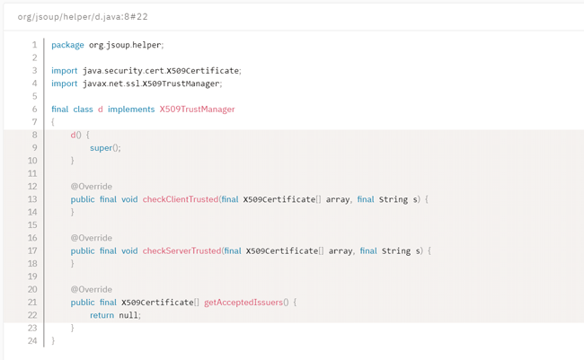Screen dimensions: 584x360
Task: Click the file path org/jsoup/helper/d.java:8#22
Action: pyautogui.click(x=83, y=17)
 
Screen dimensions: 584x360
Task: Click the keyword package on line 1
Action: pyautogui.click(x=67, y=45)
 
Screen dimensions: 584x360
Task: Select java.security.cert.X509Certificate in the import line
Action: pyautogui.click(x=161, y=71)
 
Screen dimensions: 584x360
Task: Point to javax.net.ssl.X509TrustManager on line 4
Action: pyautogui.click(x=151, y=83)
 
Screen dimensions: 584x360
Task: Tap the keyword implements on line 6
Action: pyautogui.click(x=131, y=110)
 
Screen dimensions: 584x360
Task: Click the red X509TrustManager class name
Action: pyautogui.click(x=198, y=110)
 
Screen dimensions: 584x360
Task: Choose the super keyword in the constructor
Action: pyautogui.click(x=101, y=148)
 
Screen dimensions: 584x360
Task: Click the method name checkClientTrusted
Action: pyautogui.click(x=181, y=199)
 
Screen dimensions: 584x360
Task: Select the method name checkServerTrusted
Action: pyautogui.click(x=181, y=250)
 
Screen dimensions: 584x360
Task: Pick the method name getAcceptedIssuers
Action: pyautogui.click(x=243, y=303)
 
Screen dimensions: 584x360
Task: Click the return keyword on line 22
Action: pyautogui.click(x=102, y=315)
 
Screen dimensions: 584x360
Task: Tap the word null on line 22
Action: pyautogui.click(x=128, y=315)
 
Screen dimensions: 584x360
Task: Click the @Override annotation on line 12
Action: pyautogui.click(x=92, y=187)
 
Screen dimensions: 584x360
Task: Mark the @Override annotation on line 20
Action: pyautogui.click(x=92, y=290)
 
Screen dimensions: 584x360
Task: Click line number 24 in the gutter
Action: pyautogui.click(x=32, y=341)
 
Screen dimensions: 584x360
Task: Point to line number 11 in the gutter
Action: pyautogui.click(x=32, y=174)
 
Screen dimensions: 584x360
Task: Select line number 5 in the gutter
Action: pyautogui.click(x=35, y=96)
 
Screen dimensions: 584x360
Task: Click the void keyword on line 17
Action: pyautogui.click(x=129, y=250)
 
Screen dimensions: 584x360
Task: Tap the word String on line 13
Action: pyautogui.click(x=394, y=199)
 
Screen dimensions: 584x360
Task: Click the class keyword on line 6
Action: pyautogui.click(x=83, y=110)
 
